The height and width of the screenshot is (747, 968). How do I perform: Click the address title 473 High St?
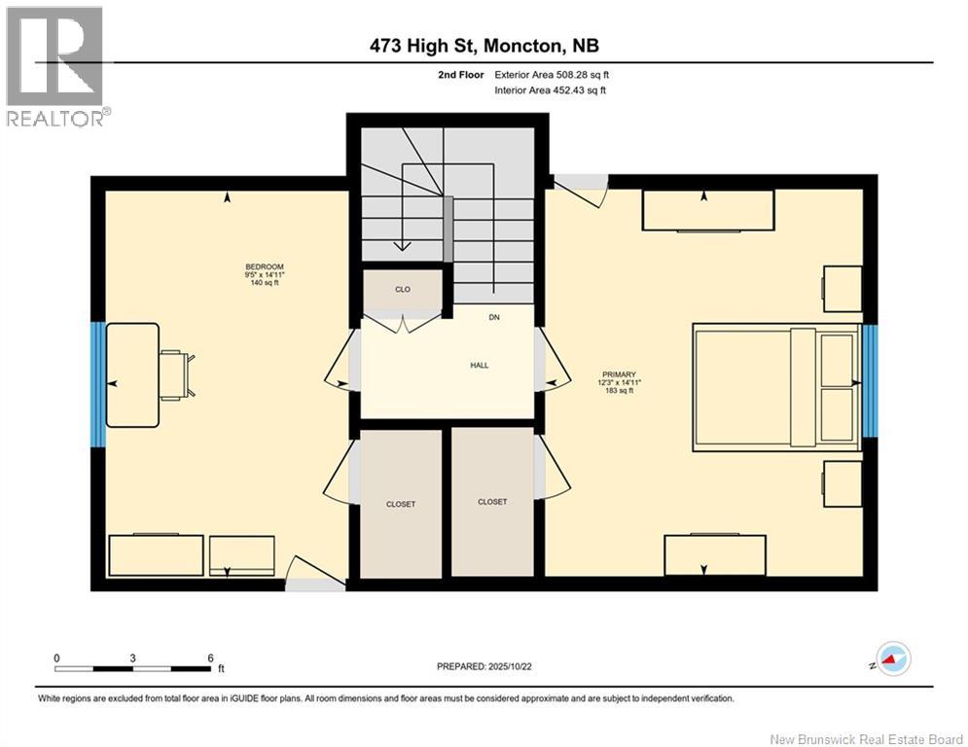[x=423, y=46]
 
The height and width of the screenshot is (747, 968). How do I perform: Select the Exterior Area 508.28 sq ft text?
[x=552, y=75]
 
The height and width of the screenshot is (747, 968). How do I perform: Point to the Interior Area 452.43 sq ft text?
[x=550, y=90]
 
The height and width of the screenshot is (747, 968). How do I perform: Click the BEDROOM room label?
[x=265, y=267]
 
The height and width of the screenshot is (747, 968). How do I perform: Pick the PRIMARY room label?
[x=619, y=374]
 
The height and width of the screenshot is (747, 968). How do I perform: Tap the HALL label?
[x=479, y=366]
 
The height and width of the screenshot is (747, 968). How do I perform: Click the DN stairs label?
[x=494, y=317]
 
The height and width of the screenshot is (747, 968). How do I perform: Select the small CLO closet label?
[x=403, y=289]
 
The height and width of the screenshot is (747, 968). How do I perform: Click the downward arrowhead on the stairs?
[x=403, y=245]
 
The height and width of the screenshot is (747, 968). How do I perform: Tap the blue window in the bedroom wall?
[x=98, y=384]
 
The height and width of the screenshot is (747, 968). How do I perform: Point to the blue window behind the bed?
[x=870, y=380]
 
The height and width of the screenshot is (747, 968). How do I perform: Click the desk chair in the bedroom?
[x=178, y=375]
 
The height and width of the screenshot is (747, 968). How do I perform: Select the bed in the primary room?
[x=776, y=387]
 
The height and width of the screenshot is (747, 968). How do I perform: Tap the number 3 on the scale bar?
[x=132, y=658]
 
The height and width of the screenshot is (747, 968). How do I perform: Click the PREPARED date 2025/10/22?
[x=484, y=666]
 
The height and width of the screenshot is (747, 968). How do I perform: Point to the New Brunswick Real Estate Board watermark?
[x=866, y=739]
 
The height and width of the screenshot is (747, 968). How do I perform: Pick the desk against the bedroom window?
[x=132, y=375]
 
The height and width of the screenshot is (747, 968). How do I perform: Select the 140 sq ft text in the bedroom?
[x=265, y=283]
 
